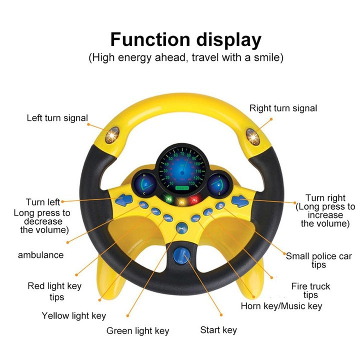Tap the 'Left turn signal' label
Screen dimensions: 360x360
point(57,118)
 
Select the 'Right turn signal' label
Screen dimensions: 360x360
point(283,108)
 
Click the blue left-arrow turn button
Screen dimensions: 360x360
point(123,200)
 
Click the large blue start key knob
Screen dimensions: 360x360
point(181,255)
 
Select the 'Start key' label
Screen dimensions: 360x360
point(218,330)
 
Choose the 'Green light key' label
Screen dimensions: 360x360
point(137,331)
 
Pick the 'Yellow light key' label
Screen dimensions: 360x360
point(73,315)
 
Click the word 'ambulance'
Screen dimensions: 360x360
point(41,255)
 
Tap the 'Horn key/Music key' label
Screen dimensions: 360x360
point(281,306)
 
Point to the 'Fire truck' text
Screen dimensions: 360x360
point(310,286)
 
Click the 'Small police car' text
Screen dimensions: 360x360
point(319,256)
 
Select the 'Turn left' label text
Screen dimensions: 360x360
point(43,202)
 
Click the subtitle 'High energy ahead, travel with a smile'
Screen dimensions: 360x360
point(185,57)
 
